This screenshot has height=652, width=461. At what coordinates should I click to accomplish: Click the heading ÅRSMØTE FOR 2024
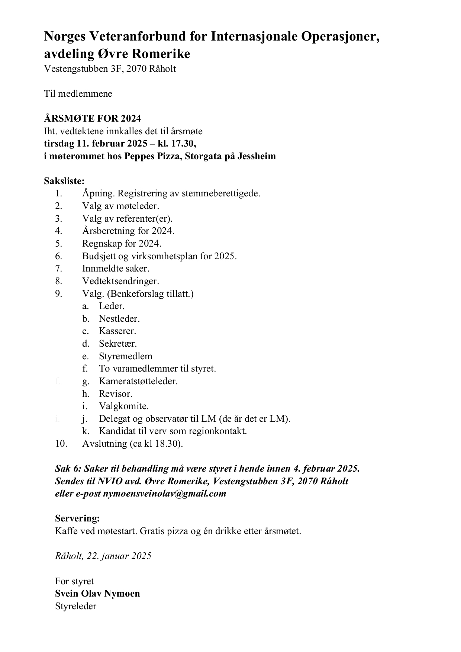coord(93,118)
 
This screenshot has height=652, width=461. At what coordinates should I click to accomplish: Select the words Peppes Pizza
coord(149,156)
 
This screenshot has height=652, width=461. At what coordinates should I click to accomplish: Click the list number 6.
coord(58,256)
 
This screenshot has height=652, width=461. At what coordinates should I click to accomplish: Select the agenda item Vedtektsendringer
coord(120,281)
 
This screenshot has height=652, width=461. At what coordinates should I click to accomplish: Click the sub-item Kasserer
coord(117,331)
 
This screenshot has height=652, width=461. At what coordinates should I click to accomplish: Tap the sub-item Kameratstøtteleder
coord(138,381)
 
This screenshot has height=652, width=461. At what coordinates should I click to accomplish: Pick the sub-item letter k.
coord(86,431)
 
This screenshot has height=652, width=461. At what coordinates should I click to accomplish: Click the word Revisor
coord(115,394)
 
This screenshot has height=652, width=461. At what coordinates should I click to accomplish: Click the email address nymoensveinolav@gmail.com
coord(164,494)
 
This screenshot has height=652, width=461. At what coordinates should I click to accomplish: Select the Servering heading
coord(77,518)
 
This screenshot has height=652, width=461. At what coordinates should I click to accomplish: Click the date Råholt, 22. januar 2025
coord(103,556)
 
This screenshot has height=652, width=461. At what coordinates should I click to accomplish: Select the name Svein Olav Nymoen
coord(97,594)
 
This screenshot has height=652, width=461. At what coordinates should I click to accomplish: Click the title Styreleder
coord(75,606)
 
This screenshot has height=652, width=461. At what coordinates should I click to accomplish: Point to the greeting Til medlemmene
coord(78,93)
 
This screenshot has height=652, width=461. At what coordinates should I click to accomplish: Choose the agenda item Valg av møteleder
coord(120,206)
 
